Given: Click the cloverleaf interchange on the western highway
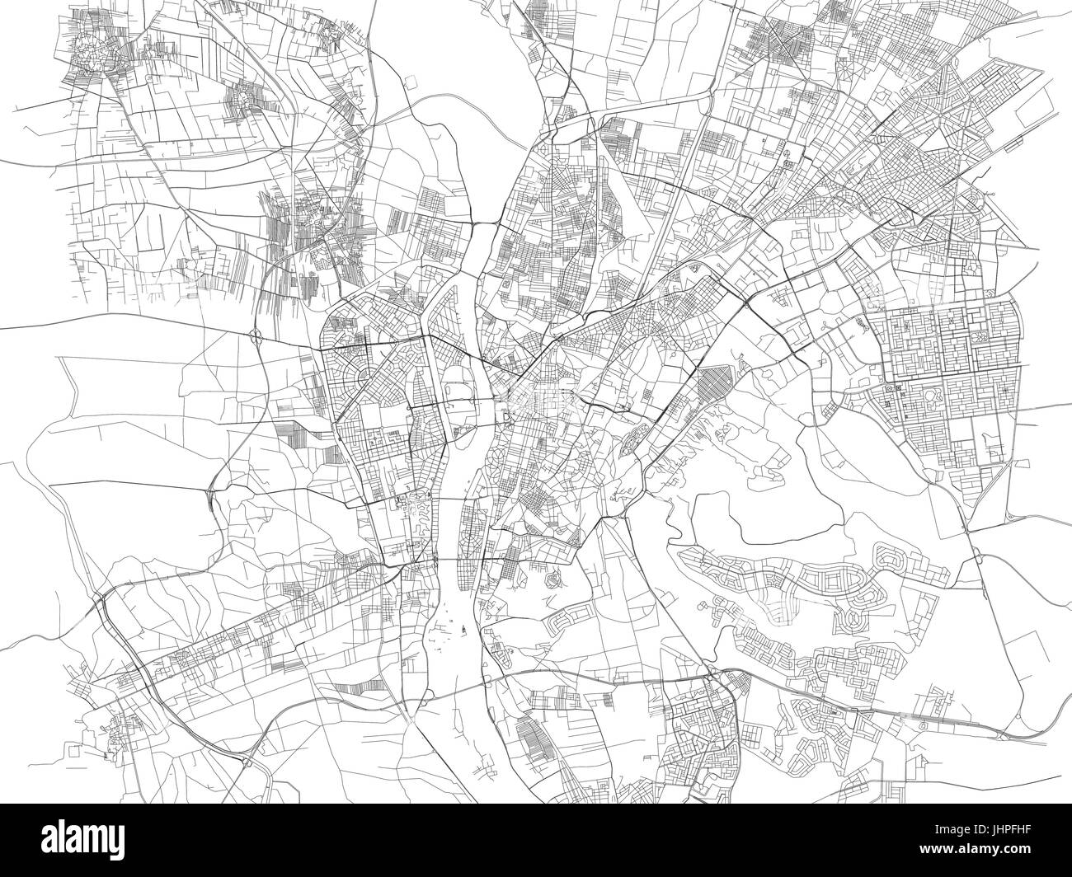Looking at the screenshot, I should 256,334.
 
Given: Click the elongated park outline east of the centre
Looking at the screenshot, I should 633,437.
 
